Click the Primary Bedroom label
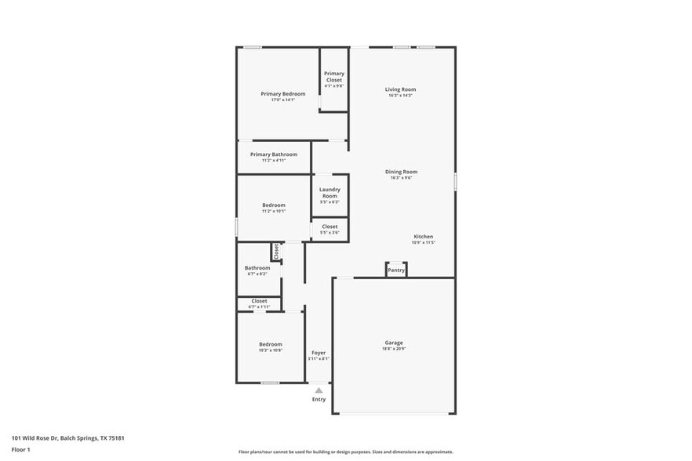283,94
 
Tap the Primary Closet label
334,77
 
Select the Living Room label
400,89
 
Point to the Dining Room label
401,172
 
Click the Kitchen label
423,236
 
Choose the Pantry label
396,270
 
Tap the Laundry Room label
330,192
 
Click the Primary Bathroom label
274,154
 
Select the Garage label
394,343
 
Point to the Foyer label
319,353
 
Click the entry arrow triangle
319,389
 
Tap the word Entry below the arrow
319,400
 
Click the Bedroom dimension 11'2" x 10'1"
274,211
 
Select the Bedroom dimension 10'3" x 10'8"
271,350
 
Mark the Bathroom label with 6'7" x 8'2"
257,270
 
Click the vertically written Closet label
276,251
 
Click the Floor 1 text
21,450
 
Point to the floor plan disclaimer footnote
345,452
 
